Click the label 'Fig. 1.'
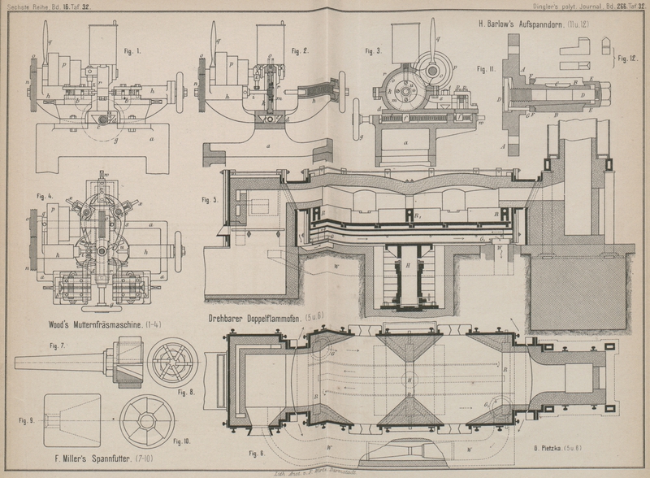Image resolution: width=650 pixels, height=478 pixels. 132,51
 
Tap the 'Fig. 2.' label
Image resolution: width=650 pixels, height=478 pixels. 300,51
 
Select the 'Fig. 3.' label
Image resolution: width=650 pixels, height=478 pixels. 374,51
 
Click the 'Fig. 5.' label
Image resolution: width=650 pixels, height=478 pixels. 210,199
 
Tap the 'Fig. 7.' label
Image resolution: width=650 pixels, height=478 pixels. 58,346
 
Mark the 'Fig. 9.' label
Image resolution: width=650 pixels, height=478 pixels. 26,421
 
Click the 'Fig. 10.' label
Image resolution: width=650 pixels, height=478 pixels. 182,441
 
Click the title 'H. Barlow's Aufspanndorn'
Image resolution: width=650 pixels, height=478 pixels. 529,24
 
